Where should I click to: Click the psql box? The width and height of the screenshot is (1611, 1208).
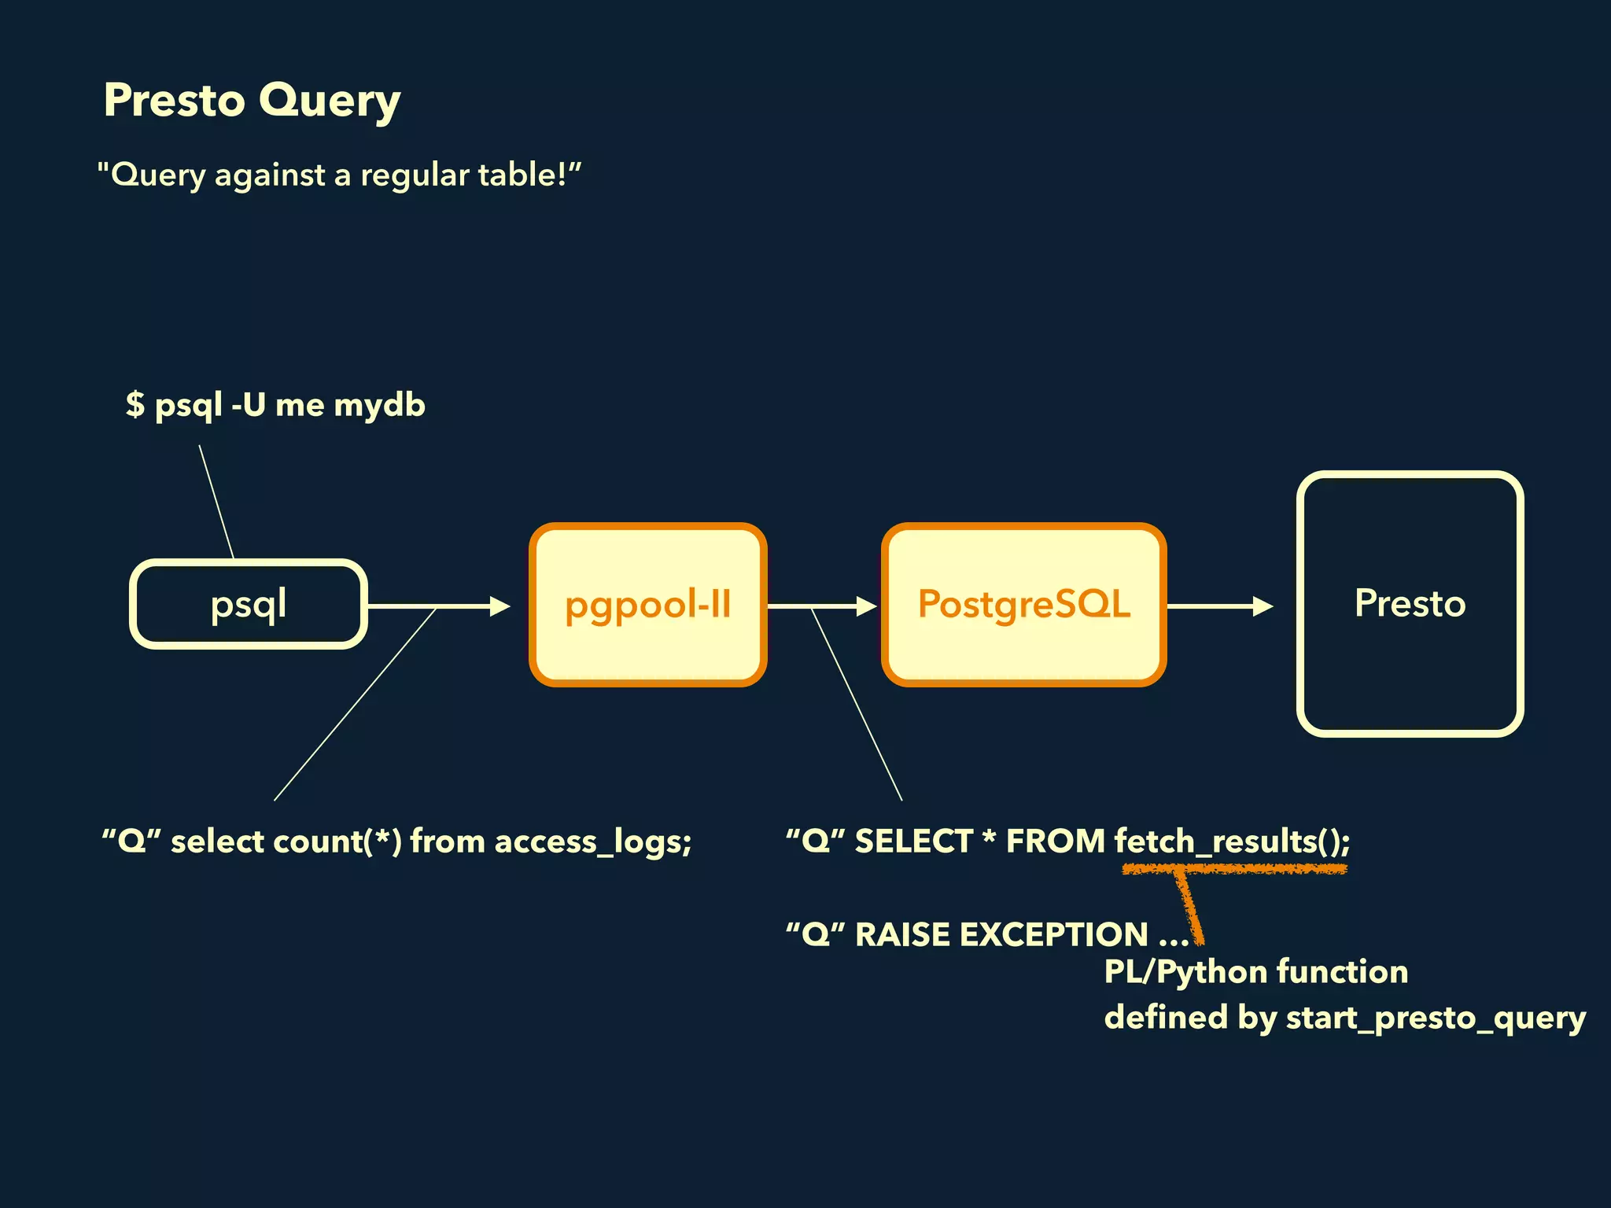point(249,604)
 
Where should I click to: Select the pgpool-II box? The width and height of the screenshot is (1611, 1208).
point(647,604)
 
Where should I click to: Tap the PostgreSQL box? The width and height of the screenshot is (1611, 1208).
point(1023,604)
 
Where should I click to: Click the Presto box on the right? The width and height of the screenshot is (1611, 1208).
point(1410,604)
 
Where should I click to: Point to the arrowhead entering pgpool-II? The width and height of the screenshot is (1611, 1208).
point(500,606)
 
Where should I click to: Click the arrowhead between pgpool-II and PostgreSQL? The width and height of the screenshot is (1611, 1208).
point(867,606)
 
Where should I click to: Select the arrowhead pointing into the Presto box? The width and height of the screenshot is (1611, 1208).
point(1263,606)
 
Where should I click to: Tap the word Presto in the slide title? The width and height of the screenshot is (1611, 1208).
point(175,101)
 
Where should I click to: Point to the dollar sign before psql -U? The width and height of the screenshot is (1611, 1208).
point(135,404)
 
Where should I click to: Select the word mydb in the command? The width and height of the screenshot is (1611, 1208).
point(379,406)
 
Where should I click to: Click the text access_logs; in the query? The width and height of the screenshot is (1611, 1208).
point(593,842)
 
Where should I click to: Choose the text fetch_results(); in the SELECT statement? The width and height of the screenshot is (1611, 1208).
point(1232,842)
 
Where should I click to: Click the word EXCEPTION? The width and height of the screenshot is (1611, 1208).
point(1054,935)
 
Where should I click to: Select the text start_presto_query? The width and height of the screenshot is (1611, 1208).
point(1435,1018)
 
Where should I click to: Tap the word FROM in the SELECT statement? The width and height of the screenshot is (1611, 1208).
point(1056,842)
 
